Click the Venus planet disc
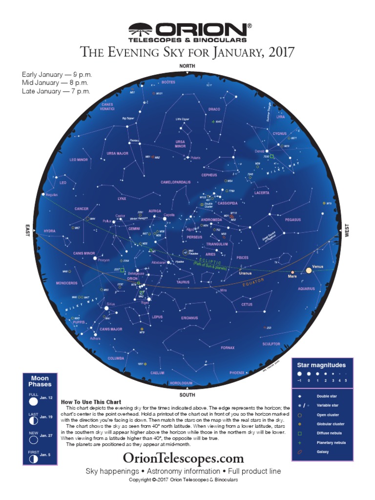click(x=309, y=270)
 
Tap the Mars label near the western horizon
click(x=292, y=276)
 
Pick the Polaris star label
click(x=195, y=158)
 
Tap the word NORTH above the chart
click(x=187, y=65)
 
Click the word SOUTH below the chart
click(x=187, y=395)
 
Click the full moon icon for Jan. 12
click(x=33, y=401)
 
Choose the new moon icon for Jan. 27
click(x=33, y=439)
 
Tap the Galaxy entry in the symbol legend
click(x=323, y=452)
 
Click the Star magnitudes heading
click(x=322, y=365)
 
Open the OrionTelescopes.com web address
click(x=183, y=458)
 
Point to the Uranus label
click(x=245, y=273)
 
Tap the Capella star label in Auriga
click(x=169, y=215)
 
